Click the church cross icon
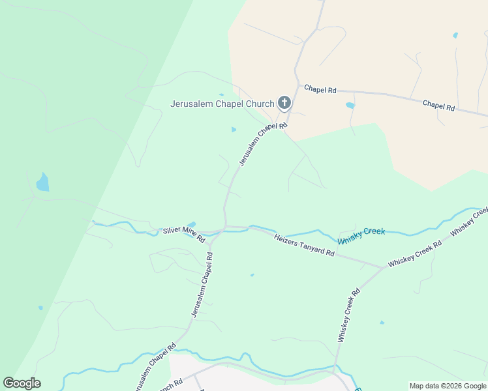[284, 103]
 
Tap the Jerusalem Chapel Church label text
[222, 104]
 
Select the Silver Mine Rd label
[184, 235]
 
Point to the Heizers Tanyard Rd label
[304, 245]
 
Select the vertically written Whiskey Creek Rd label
[348, 316]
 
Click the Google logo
[22, 383]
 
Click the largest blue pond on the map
[42, 182]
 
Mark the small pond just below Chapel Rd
[350, 105]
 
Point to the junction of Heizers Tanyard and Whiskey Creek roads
[382, 267]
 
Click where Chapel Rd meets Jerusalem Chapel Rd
[298, 84]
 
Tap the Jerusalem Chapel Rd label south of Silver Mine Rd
[202, 285]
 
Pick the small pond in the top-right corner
[455, 35]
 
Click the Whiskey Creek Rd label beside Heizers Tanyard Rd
[415, 253]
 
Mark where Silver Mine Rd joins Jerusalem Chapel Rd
[224, 229]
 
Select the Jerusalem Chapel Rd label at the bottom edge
[154, 368]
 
